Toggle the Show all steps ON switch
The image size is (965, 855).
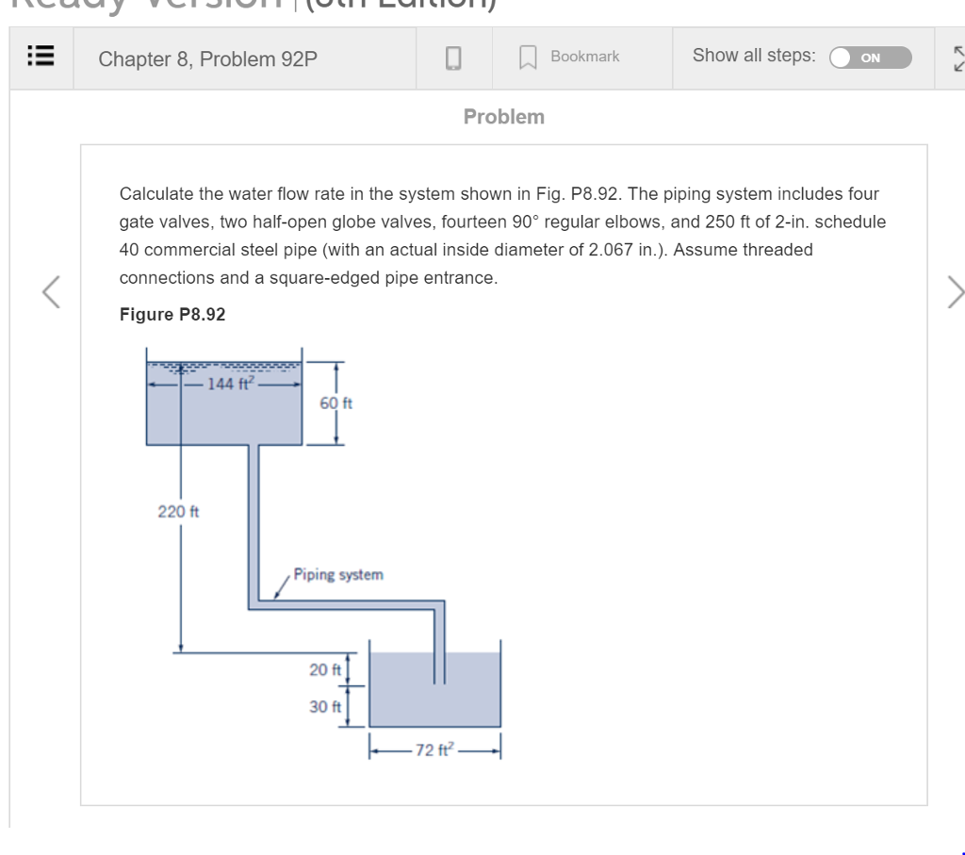[x=870, y=58]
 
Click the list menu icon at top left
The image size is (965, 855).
[x=40, y=58]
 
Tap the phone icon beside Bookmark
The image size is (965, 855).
[x=453, y=58]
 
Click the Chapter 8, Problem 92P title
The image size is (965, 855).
[x=208, y=59]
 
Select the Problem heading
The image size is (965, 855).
[x=503, y=117]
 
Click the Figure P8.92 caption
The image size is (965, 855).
[x=172, y=314]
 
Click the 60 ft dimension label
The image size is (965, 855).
[x=336, y=403]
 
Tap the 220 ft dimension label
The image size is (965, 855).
[x=178, y=512]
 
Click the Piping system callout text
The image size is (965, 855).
[x=338, y=574]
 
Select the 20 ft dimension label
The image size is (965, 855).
[x=325, y=669]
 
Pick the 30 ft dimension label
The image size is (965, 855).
[x=325, y=706]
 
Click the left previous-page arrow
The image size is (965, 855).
[x=53, y=291]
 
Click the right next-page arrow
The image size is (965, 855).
[x=954, y=291]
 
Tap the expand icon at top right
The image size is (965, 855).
[x=957, y=58]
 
